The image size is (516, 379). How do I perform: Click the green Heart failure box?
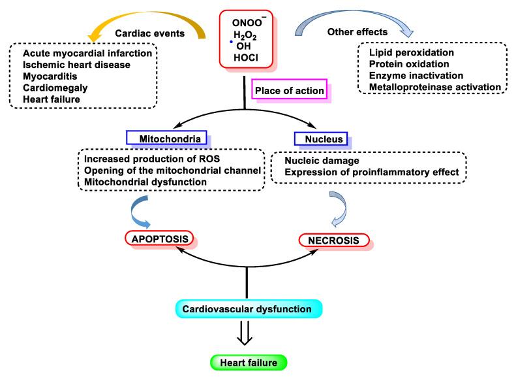pyautogui.click(x=247, y=362)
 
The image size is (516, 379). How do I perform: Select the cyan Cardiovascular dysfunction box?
pyautogui.click(x=247, y=308)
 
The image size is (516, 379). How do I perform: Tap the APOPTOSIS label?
pyautogui.click(x=158, y=240)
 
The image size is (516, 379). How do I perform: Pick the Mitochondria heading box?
pyautogui.click(x=166, y=139)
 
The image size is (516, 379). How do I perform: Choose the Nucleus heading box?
pyautogui.click(x=321, y=139)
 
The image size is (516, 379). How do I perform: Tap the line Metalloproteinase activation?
pyautogui.click(x=434, y=86)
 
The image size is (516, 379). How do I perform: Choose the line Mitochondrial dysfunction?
pyautogui.click(x=140, y=182)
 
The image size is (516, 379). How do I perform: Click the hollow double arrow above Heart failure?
pyautogui.click(x=247, y=335)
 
